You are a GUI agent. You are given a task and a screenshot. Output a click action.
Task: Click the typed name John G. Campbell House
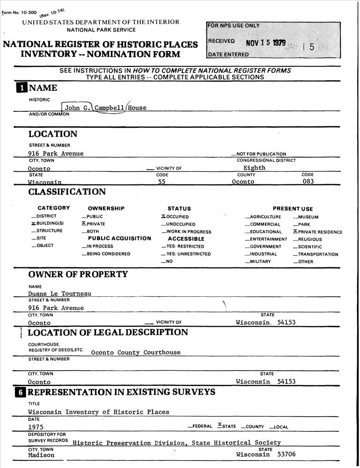[105, 108]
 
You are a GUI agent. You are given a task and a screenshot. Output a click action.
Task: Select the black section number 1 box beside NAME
[22, 88]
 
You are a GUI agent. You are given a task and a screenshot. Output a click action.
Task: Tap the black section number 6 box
[21, 392]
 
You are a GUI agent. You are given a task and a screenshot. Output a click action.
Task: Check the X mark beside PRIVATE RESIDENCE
[295, 231]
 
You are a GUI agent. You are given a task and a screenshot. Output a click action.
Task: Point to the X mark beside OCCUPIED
[163, 217]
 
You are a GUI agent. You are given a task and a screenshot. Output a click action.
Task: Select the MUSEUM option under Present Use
[308, 217]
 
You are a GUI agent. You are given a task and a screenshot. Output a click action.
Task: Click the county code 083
[308, 182]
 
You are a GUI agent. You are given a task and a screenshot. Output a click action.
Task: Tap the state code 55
[162, 182]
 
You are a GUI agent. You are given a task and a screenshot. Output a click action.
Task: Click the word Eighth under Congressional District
[254, 168]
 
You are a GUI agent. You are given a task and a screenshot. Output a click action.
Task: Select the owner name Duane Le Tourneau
[59, 294]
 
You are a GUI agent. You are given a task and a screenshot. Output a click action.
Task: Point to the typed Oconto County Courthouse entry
[135, 352]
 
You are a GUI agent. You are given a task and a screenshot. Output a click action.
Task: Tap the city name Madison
[41, 455]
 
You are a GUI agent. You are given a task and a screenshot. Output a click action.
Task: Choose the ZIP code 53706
[287, 454]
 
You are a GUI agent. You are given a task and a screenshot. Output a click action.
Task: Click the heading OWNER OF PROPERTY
[78, 274]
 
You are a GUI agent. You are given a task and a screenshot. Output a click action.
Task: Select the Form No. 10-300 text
[20, 12]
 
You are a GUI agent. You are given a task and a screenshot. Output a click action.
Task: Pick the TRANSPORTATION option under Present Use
[317, 254]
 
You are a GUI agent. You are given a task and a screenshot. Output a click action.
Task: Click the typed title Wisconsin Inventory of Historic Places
[98, 412]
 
